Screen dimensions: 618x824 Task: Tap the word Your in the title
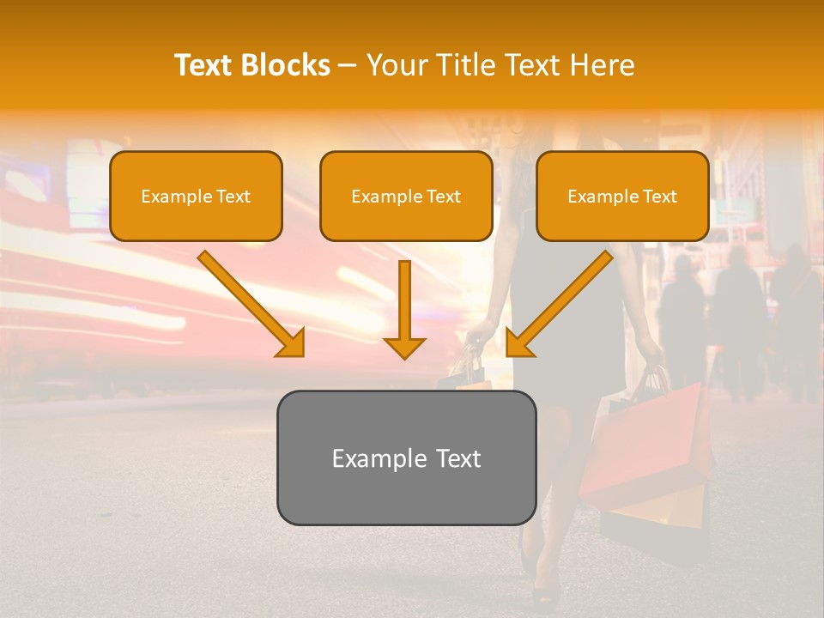click(x=396, y=65)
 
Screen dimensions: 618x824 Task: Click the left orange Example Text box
click(x=196, y=197)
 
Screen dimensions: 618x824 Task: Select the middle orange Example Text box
click(x=406, y=197)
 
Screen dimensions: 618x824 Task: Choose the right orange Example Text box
click(x=622, y=197)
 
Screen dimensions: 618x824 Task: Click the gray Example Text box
click(x=406, y=458)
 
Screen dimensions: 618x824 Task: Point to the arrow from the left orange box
click(x=249, y=301)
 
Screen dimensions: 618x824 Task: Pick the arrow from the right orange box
click(x=562, y=301)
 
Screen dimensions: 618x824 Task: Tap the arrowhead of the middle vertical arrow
click(x=404, y=347)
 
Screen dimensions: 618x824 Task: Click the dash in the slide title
click(x=348, y=65)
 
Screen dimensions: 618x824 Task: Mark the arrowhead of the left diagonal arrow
click(x=291, y=342)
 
